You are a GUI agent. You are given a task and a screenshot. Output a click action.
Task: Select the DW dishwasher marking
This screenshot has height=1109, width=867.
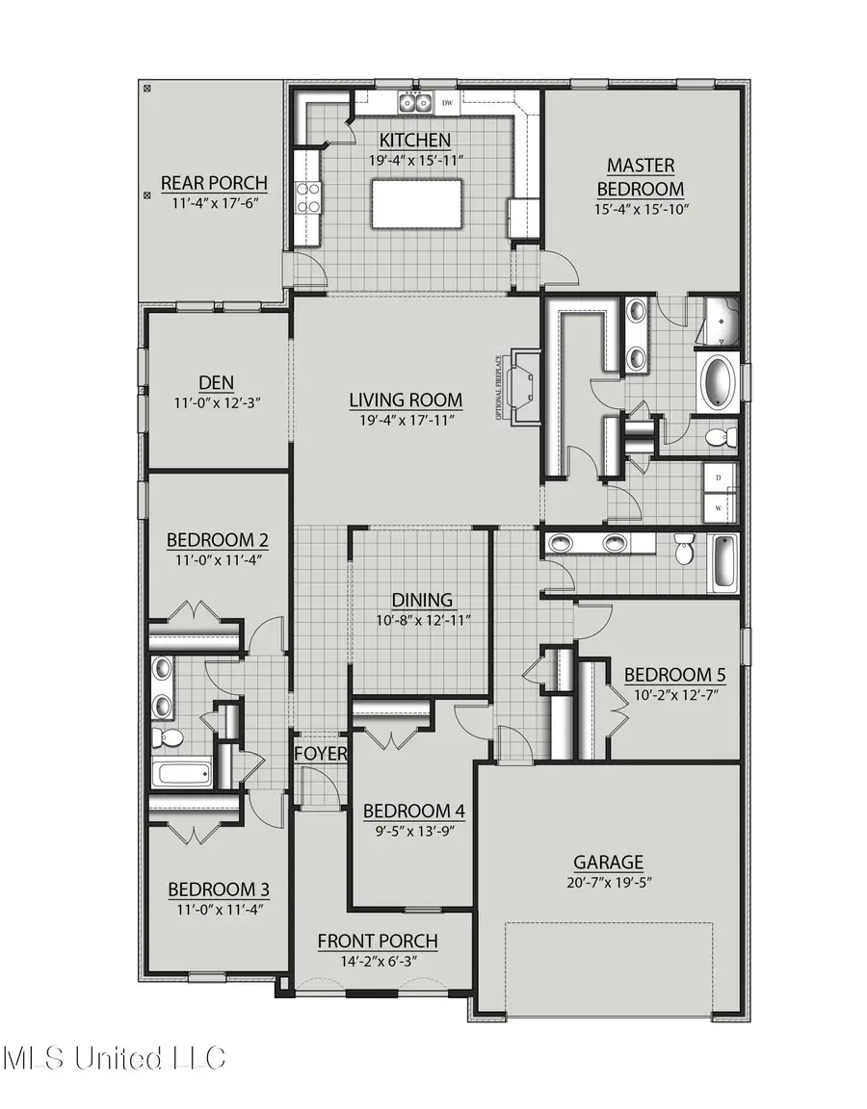click(x=447, y=102)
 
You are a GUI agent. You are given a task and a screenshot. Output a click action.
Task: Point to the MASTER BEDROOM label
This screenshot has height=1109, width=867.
click(x=640, y=177)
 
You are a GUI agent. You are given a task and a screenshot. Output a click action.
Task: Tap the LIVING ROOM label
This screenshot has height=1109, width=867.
click(x=405, y=400)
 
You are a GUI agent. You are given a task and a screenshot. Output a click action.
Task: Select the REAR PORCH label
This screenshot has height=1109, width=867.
click(x=214, y=183)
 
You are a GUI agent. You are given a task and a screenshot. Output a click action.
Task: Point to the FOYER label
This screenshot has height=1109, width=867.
click(x=320, y=753)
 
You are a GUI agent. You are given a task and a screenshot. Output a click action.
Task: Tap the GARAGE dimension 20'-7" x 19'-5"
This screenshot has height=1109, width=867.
click(x=608, y=882)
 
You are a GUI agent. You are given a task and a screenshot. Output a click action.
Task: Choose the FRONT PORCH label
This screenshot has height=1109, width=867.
click(x=378, y=941)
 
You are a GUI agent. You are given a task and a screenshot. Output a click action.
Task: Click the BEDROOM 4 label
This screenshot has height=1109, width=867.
click(x=413, y=811)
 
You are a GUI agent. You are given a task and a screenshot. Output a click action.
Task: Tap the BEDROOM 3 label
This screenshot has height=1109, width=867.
click(x=218, y=889)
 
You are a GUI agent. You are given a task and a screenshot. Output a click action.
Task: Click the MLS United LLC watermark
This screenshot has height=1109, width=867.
click(x=114, y=1058)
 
